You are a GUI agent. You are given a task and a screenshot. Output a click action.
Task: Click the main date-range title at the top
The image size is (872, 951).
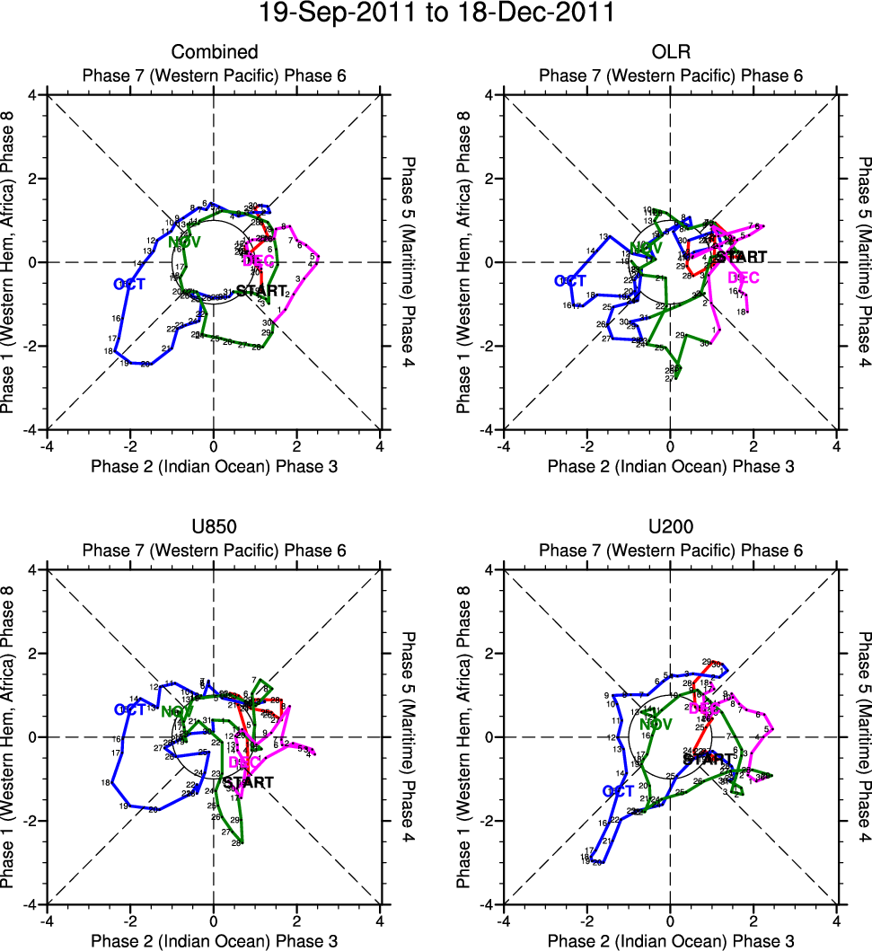click(436, 13)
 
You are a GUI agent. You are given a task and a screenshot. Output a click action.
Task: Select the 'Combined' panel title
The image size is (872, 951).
click(214, 52)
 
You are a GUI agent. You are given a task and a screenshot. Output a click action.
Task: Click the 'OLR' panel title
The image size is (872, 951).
click(671, 52)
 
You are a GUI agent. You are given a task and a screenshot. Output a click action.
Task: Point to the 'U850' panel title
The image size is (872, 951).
click(214, 528)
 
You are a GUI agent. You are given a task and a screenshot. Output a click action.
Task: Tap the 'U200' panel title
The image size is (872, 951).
click(671, 528)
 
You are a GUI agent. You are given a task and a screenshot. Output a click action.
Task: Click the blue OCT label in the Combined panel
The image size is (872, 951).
click(130, 284)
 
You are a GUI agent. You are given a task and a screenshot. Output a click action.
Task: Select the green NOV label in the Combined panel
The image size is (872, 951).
click(185, 242)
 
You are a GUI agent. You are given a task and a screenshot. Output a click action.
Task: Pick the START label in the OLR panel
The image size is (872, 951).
click(741, 257)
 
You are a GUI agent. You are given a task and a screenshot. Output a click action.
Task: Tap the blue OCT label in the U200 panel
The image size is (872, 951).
click(618, 791)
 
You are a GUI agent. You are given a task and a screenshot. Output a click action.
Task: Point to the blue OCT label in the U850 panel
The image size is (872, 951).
click(130, 709)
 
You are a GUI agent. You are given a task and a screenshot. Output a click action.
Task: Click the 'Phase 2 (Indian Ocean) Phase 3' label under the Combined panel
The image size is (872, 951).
click(214, 466)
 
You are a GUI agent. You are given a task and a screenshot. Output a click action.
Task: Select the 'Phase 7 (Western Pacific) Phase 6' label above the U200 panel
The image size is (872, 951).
click(671, 550)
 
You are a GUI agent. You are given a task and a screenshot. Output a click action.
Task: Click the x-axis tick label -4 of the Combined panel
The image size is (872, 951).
click(46, 446)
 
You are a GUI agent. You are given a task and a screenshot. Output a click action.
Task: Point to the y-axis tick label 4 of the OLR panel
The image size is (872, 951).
click(492, 94)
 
